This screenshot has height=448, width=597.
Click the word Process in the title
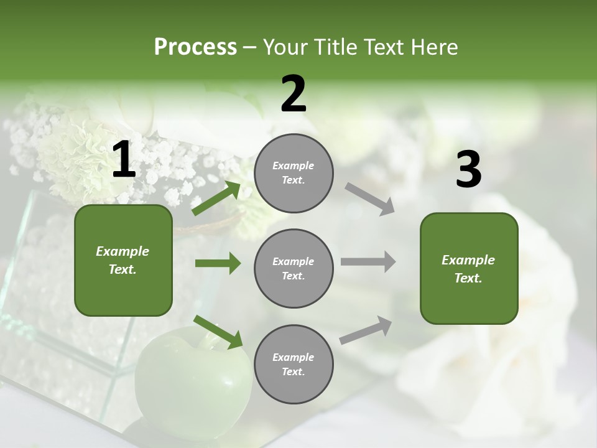click(x=195, y=47)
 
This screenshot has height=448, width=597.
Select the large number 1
click(x=124, y=160)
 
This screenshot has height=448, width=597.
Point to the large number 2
click(x=294, y=94)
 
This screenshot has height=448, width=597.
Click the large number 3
click(x=468, y=170)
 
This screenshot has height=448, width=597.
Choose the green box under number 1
click(x=123, y=260)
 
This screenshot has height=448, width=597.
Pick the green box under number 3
click(x=469, y=269)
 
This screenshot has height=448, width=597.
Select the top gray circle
click(x=294, y=173)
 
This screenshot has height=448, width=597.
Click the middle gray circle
click(x=294, y=269)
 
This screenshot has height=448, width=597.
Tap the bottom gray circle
click(x=294, y=365)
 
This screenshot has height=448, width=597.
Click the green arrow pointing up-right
click(x=216, y=198)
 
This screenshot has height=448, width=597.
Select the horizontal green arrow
click(x=218, y=264)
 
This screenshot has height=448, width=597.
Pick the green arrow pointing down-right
click(x=218, y=332)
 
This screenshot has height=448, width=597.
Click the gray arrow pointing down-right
click(x=370, y=199)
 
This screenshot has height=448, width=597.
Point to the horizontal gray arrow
click(x=368, y=262)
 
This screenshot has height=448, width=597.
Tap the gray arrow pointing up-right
click(x=366, y=330)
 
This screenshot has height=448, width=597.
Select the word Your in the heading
click(x=284, y=47)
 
